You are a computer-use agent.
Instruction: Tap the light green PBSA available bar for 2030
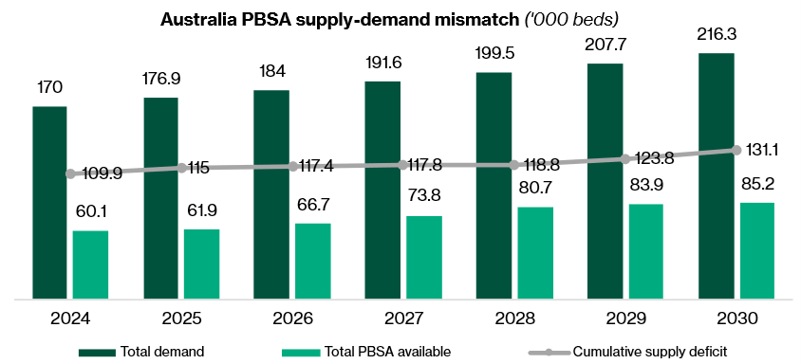click(x=756, y=250)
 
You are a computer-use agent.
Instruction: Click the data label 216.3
click(x=715, y=35)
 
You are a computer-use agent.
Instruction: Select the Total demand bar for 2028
click(x=494, y=185)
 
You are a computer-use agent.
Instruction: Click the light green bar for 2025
click(x=201, y=264)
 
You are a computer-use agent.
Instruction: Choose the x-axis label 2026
click(x=292, y=318)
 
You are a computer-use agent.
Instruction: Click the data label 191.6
click(x=382, y=63)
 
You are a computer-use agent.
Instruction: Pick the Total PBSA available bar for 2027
click(x=423, y=257)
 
